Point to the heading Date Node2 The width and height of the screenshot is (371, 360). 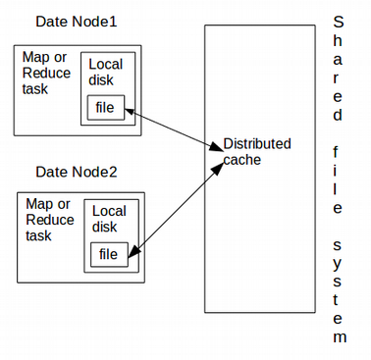coord(77,172)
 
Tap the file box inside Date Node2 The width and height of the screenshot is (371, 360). coord(109,254)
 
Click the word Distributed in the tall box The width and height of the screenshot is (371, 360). coord(257,144)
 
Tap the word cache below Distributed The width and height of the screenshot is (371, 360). coord(242,159)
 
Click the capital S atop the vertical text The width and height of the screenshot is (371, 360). coord(339,22)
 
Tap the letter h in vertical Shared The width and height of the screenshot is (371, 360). coord(339,44)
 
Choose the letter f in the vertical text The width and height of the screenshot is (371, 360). coord(339,152)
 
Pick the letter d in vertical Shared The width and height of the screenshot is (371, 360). coord(339,115)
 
